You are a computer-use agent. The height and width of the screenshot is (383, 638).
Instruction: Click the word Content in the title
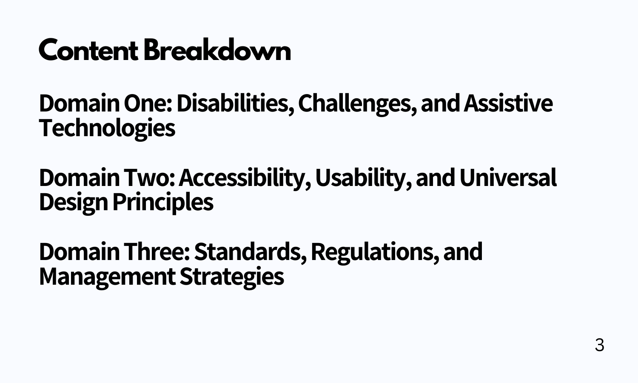(88, 51)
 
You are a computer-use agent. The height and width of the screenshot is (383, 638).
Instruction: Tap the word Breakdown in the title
(217, 51)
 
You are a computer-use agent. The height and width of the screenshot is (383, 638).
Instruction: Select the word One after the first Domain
(148, 103)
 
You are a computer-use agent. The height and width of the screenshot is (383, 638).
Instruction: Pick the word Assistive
(508, 103)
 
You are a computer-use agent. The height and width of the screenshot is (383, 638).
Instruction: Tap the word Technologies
(107, 128)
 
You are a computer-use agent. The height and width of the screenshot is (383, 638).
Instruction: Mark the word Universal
(507, 178)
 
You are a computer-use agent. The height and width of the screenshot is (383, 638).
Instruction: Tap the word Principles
(162, 202)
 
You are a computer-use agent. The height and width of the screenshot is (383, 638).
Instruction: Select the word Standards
(250, 252)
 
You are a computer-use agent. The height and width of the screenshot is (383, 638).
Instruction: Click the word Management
(107, 276)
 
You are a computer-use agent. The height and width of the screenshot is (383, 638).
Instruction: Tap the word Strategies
(231, 276)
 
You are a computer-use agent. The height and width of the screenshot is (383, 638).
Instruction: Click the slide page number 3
(599, 345)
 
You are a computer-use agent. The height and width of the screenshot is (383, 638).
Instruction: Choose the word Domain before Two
(79, 178)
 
